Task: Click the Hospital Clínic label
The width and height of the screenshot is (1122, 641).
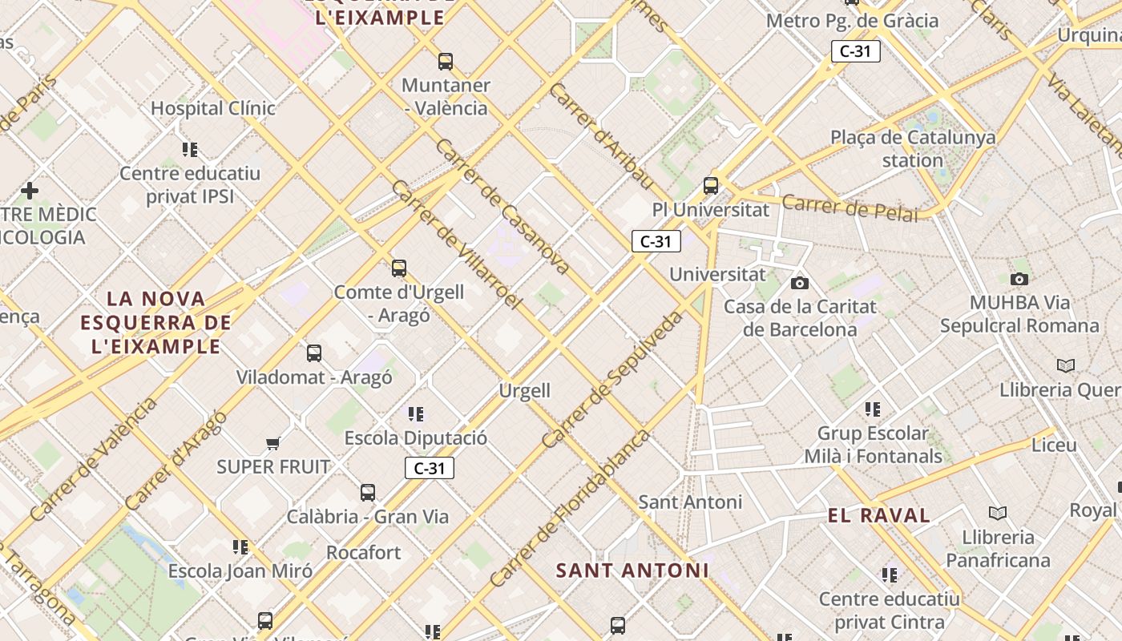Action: pyautogui.click(x=213, y=108)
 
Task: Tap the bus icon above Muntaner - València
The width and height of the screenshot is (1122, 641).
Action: pyautogui.click(x=446, y=61)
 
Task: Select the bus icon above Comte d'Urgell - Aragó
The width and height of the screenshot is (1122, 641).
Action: pyautogui.click(x=399, y=268)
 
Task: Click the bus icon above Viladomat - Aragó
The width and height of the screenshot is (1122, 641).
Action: pyautogui.click(x=314, y=353)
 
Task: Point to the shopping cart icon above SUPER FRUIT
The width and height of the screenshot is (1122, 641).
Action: pyautogui.click(x=273, y=443)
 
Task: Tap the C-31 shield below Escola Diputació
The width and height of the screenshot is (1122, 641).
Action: pyautogui.click(x=430, y=468)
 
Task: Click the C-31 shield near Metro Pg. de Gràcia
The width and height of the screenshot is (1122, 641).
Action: pyautogui.click(x=856, y=51)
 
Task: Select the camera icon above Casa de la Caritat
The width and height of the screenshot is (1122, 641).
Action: pyautogui.click(x=799, y=283)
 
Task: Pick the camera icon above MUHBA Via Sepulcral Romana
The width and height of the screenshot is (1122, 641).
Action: pyautogui.click(x=1019, y=279)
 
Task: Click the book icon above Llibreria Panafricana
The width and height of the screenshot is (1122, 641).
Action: pyautogui.click(x=998, y=513)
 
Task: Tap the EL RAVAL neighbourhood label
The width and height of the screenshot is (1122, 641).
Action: pyautogui.click(x=879, y=515)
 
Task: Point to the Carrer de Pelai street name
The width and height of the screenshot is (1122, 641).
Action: pyautogui.click(x=850, y=208)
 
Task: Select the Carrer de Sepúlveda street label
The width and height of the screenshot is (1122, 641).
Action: pyautogui.click(x=612, y=380)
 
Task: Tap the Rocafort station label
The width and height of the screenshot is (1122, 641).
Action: pyautogui.click(x=363, y=552)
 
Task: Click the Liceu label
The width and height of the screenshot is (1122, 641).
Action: pyautogui.click(x=1054, y=445)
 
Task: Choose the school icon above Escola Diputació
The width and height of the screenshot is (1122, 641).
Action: pyautogui.click(x=415, y=414)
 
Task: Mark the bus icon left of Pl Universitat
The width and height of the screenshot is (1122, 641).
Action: pyautogui.click(x=711, y=185)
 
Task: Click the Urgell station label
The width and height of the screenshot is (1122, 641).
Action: pyautogui.click(x=525, y=390)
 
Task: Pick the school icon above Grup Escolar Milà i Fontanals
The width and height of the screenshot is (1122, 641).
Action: pyautogui.click(x=873, y=409)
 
